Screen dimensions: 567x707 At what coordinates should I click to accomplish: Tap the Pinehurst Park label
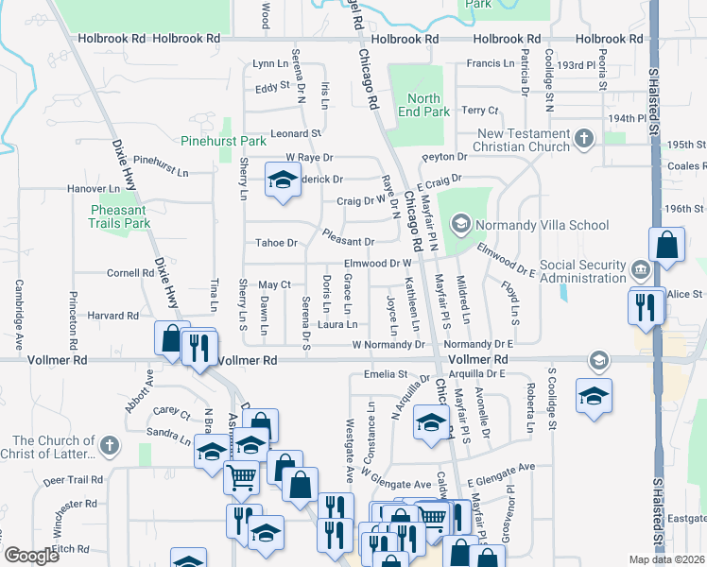point(224,141)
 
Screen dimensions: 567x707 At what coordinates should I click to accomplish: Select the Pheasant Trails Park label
point(120,216)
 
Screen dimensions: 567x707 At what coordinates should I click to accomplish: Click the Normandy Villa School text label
point(542,225)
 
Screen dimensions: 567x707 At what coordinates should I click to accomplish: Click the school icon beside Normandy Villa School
point(461,224)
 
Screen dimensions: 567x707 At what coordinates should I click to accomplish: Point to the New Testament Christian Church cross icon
point(584,140)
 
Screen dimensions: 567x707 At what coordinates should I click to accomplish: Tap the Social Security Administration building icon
point(642,271)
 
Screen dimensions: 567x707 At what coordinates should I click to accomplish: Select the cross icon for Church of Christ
point(109,445)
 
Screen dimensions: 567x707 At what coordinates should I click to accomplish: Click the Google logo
point(32,556)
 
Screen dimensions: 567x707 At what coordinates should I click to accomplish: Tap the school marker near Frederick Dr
point(281,180)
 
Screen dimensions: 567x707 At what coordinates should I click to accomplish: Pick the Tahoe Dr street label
point(277,243)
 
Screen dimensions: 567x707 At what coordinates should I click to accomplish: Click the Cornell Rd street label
point(130,273)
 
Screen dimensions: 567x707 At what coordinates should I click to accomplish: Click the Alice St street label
point(679,295)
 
